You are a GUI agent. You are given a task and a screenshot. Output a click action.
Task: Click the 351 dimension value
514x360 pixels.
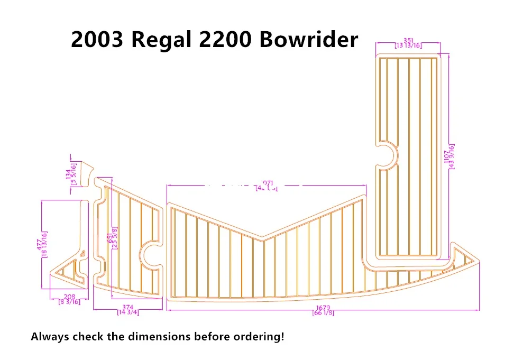click(408, 40)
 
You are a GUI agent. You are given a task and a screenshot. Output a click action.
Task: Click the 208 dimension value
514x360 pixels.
click(69, 297)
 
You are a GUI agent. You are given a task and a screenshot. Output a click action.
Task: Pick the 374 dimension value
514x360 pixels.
click(127, 307)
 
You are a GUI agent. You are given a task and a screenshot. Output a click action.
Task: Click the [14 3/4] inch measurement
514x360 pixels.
click(127, 313)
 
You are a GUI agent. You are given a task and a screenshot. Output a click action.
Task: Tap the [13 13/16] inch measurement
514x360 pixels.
click(408, 46)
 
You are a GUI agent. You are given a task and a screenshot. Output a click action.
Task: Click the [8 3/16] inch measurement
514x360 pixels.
click(69, 302)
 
